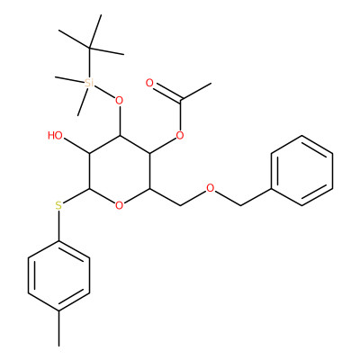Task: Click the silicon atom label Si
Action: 89,83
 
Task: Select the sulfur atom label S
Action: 58,206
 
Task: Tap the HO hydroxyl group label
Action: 55,136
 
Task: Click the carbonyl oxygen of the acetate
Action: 149,83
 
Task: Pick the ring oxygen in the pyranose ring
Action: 120,206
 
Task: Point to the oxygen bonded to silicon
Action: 120,101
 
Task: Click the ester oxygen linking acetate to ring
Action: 180,136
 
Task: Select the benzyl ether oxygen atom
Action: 211,188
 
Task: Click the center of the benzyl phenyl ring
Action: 301,171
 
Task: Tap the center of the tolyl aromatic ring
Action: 58,276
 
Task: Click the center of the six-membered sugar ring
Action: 120,171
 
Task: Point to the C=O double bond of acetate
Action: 165,90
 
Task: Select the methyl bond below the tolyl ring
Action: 58,328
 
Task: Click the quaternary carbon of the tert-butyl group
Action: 89,48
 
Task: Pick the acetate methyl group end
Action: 211,84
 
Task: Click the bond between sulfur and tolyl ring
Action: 58,226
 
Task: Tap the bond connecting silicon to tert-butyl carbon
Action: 89,62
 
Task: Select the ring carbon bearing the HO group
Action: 89,153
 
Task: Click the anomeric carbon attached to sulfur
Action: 89,188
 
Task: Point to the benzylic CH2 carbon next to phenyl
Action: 240,206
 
